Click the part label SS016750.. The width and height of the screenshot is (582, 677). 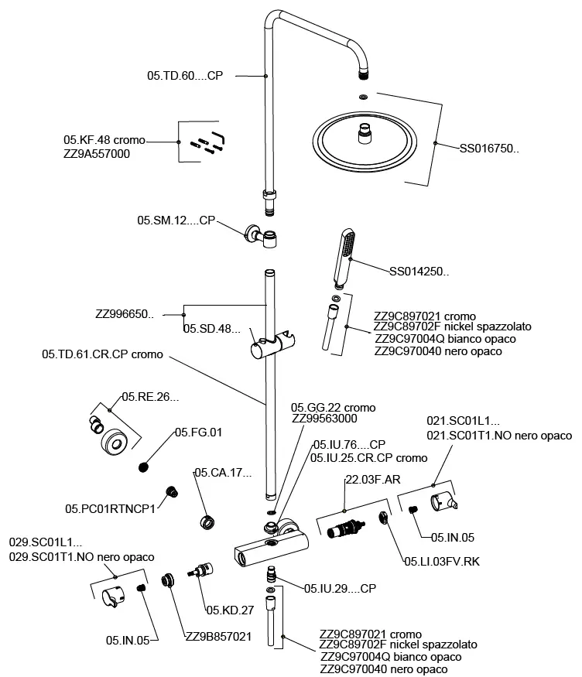pos(489,149)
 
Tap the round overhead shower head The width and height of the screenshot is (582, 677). pos(373,144)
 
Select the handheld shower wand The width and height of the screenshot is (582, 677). pos(343,257)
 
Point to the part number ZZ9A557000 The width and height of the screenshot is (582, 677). pos(97,154)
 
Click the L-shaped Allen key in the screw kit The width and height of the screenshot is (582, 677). pos(218,138)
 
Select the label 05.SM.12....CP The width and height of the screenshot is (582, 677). pos(176,221)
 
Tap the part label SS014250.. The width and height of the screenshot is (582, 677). pos(419,272)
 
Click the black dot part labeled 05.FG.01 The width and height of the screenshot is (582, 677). pos(143,466)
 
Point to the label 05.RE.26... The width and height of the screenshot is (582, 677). pos(150,397)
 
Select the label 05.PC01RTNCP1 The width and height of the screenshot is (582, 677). pos(110,508)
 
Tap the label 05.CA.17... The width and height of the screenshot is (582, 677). pos(224,472)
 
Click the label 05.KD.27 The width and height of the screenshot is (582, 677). pos(231,610)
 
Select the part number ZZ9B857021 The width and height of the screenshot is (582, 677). pos(218,636)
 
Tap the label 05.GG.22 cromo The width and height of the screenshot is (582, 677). pos(333,408)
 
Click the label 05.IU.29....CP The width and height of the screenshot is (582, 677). pos(340,589)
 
